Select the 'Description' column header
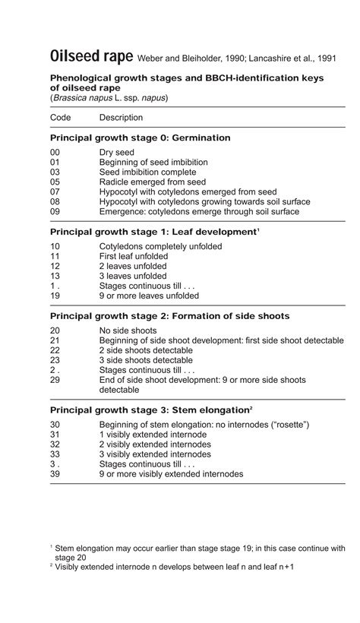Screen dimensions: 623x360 (121, 118)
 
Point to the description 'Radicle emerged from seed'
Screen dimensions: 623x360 (153, 182)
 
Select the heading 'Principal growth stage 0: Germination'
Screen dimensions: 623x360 (140, 138)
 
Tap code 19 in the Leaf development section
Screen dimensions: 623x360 (55, 296)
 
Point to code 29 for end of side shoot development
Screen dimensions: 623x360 (55, 380)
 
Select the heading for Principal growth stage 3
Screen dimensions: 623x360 (151, 410)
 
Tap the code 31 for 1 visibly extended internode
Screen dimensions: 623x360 (55, 435)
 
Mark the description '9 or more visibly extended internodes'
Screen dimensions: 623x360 (171, 474)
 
